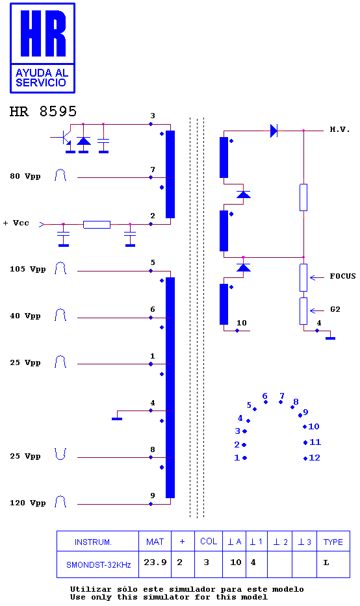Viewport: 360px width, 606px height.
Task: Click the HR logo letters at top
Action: point(43,34)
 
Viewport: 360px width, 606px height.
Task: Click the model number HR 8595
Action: point(43,111)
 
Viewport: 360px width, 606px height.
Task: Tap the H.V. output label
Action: point(339,129)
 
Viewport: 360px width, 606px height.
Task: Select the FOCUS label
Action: point(342,276)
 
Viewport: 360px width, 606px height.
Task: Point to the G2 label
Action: point(335,309)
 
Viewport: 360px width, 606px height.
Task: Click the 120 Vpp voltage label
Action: point(27,503)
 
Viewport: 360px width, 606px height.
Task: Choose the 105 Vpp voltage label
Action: point(27,269)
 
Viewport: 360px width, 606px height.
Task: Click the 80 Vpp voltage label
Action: point(25,176)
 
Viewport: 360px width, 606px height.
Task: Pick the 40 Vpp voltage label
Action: point(25,316)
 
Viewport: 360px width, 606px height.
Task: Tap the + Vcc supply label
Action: point(16,223)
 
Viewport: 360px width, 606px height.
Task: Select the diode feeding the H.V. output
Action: point(274,131)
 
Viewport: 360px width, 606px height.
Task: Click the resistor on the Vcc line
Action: point(97,224)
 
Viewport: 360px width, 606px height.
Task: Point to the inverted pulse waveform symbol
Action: point(60,454)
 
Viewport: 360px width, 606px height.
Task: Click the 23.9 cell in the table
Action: point(155,562)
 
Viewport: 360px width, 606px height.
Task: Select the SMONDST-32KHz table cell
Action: point(99,564)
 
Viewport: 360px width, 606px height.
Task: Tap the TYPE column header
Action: point(333,542)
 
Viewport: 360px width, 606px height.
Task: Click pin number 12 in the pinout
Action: point(315,458)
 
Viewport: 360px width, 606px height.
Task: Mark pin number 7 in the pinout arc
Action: point(282,396)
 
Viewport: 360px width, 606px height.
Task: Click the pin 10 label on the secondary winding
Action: point(242,323)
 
